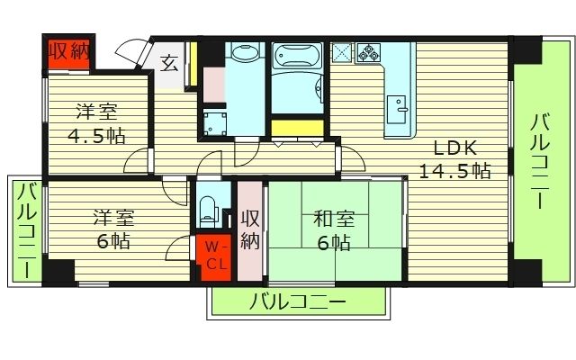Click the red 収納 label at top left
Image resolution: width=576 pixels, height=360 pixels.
coord(68,51)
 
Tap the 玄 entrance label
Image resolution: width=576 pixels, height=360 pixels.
coord(168,63)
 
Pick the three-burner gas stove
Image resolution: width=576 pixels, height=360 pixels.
coord(368,51)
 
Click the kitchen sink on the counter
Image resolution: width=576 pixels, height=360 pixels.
coord(397,112)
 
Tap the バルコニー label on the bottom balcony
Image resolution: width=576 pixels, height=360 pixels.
coord(299,301)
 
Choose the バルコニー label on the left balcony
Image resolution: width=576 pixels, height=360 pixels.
coord(27,229)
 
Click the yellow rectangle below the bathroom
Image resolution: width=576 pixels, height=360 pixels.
coord(296,126)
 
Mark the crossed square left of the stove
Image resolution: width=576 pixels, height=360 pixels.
coord(341,51)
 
